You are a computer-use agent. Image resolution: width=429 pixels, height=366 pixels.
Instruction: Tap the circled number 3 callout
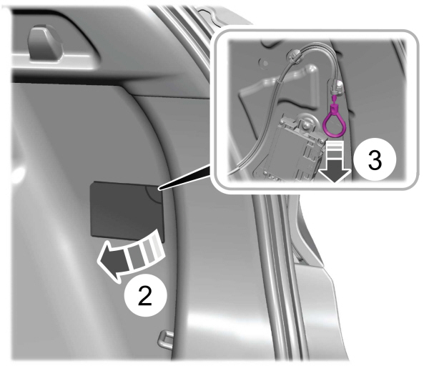pyautogui.click(x=375, y=160)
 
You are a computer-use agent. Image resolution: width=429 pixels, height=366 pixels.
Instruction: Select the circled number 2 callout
pyautogui.click(x=145, y=295)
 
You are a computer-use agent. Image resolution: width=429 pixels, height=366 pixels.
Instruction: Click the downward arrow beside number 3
pyautogui.click(x=335, y=163)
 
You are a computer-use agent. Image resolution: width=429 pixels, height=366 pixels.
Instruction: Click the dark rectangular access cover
pyautogui.click(x=127, y=211)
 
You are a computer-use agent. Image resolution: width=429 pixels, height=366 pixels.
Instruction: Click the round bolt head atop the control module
pyautogui.click(x=305, y=124)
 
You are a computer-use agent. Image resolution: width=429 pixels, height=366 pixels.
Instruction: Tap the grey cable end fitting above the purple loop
pyautogui.click(x=336, y=87)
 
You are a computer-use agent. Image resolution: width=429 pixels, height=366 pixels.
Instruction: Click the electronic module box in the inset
pyautogui.click(x=292, y=149)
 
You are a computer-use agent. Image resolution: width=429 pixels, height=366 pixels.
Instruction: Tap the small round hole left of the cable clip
pyautogui.click(x=265, y=63)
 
